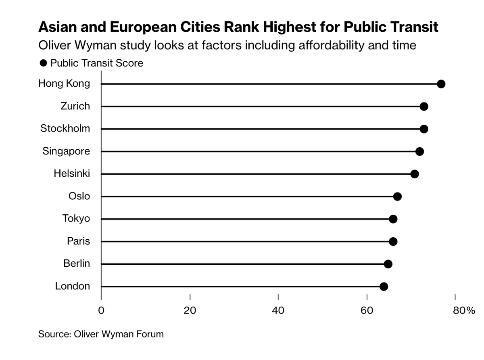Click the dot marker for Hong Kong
441,84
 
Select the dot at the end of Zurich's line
423,107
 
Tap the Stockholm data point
423,129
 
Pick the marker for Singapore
419,152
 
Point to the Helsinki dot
414,174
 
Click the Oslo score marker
397,197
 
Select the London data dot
384,287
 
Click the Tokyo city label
76,219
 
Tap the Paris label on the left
78,241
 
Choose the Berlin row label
76,264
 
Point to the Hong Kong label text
64,84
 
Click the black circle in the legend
42,63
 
